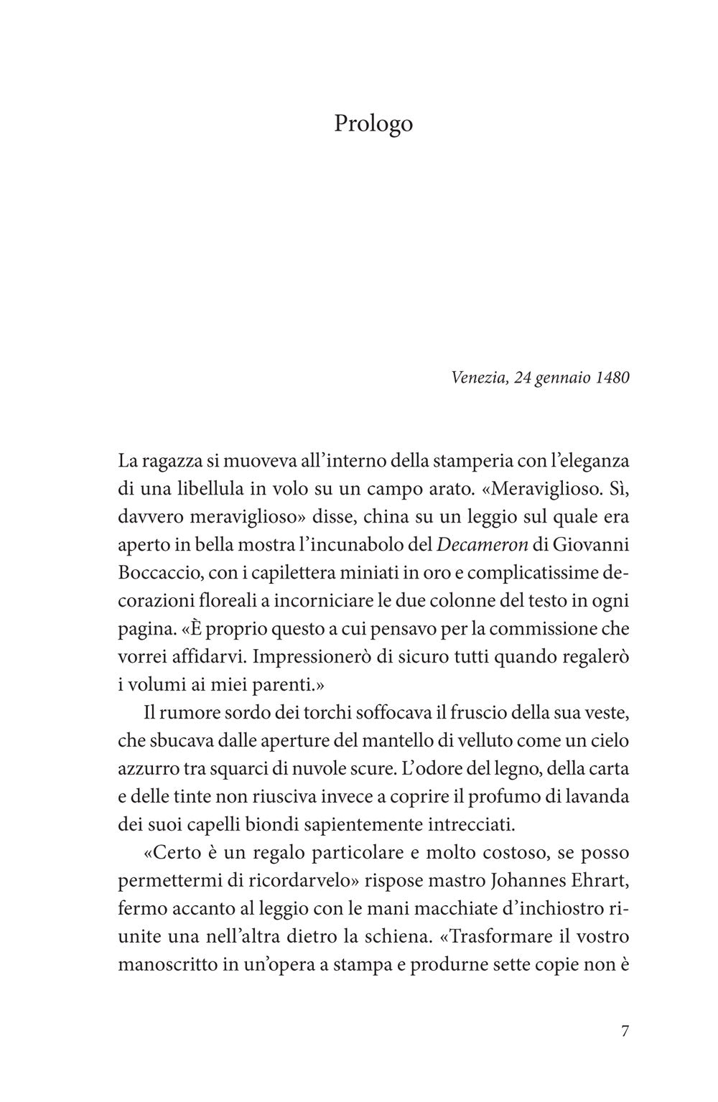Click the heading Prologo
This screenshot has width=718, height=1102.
pos(373,123)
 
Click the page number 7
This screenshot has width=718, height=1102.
pos(624,1032)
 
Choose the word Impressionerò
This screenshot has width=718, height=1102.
pos(306,658)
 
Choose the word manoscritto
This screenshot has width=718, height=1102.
pos(166,965)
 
